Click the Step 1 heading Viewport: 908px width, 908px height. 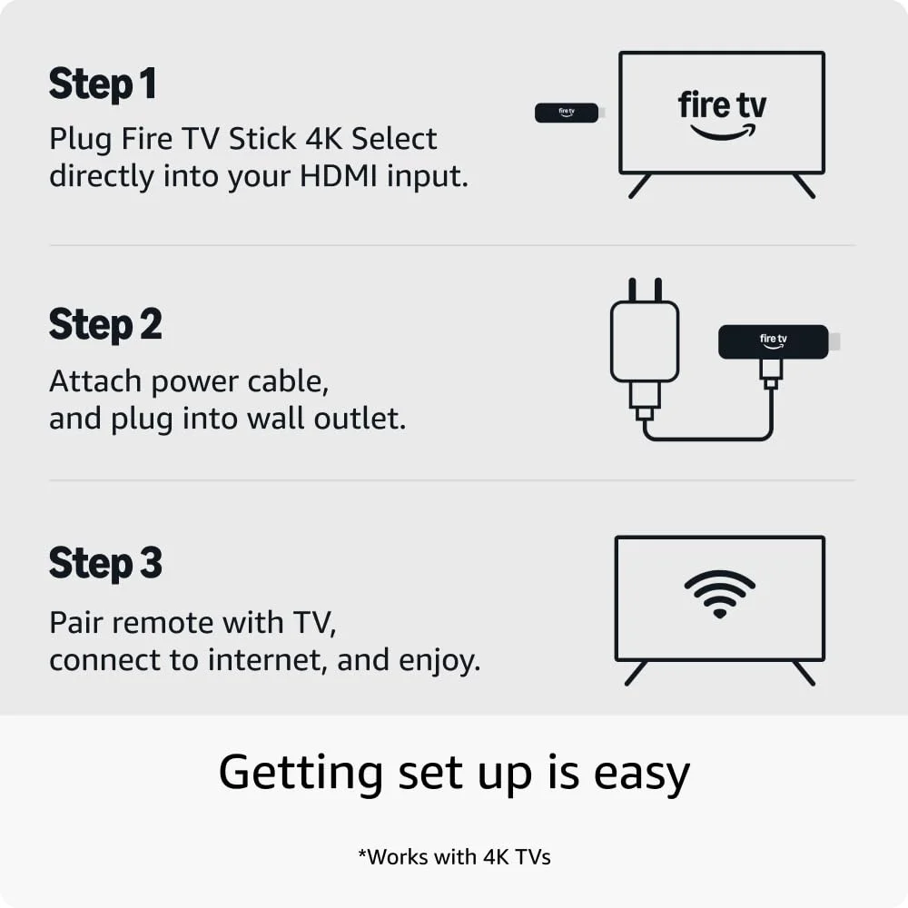tap(103, 84)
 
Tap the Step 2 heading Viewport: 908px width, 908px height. tap(105, 325)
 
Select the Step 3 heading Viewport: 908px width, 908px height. tap(105, 564)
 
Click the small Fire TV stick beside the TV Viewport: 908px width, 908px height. tap(567, 113)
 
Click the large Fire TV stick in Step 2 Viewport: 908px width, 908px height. tap(773, 341)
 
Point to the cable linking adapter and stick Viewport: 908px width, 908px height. tap(708, 438)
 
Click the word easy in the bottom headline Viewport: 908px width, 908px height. tap(642, 774)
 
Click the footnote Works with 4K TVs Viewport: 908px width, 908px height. tap(454, 856)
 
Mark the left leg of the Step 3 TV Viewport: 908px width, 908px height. tap(637, 673)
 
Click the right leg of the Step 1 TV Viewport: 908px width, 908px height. tap(804, 185)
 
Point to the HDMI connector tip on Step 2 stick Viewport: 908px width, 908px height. tap(834, 341)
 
